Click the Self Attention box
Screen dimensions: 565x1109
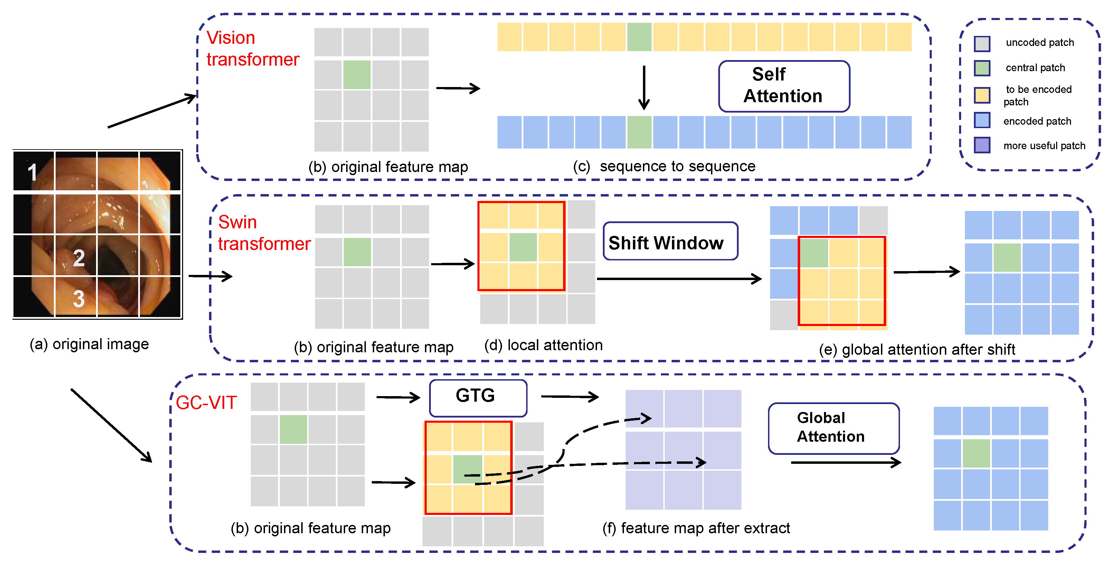(x=784, y=86)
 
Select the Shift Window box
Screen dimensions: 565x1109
(x=670, y=241)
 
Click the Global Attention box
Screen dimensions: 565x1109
(x=833, y=428)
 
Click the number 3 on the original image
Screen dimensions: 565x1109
(x=78, y=298)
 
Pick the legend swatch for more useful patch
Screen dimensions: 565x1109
(x=982, y=145)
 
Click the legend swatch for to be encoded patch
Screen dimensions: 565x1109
(x=982, y=95)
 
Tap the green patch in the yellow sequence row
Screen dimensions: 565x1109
(x=639, y=37)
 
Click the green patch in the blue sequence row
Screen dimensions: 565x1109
(x=639, y=132)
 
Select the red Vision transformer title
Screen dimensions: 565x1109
(x=252, y=49)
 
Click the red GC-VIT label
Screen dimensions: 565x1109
(x=206, y=403)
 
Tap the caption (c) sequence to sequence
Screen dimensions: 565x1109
(x=664, y=166)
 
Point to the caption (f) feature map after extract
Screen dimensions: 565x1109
(x=696, y=528)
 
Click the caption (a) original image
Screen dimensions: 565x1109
(x=89, y=344)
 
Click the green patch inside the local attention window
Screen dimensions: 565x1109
(x=523, y=247)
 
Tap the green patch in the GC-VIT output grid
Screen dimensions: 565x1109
(x=976, y=453)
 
